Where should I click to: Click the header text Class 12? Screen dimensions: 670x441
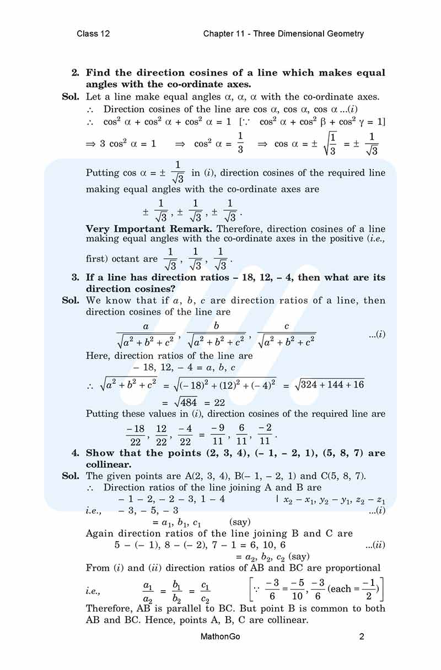click(x=93, y=34)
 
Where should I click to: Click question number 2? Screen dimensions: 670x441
click(x=76, y=73)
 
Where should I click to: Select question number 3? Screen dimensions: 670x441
click(x=76, y=277)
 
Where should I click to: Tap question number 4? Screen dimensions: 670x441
click(x=76, y=453)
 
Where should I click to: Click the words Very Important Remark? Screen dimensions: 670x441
click(x=150, y=228)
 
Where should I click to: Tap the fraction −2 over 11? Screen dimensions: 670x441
click(x=265, y=434)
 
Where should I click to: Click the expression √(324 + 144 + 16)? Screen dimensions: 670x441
click(x=330, y=385)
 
